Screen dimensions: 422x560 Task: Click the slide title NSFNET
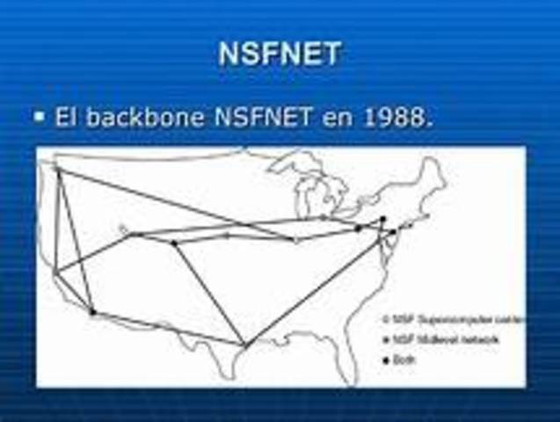(280, 55)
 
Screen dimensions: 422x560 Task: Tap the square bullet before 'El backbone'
(40, 115)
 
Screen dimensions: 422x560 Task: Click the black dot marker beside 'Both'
(386, 360)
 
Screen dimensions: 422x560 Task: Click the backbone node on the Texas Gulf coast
(244, 344)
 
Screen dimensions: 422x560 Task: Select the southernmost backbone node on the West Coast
(92, 311)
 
